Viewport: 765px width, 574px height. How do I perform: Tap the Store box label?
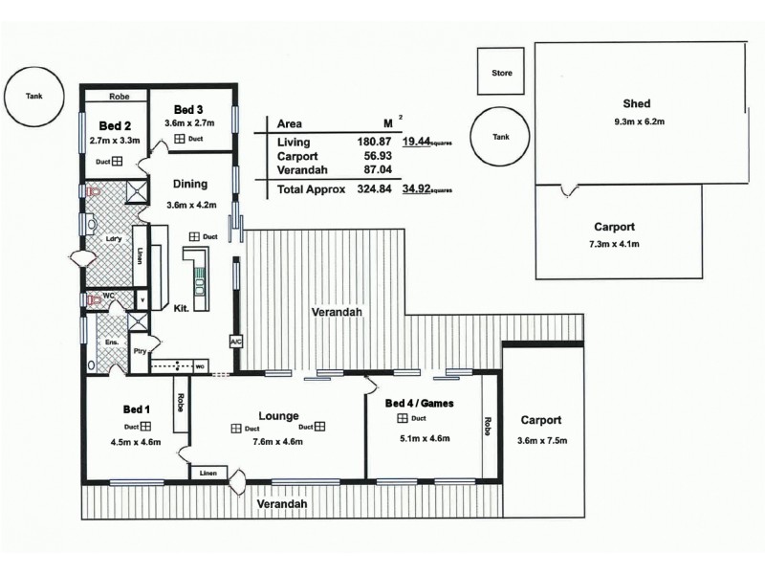[501, 73]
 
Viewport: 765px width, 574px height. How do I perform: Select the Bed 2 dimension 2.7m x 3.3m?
[113, 141]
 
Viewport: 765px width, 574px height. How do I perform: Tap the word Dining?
[191, 185]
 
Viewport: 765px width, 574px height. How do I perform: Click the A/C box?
[236, 341]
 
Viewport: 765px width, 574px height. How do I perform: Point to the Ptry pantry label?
[139, 351]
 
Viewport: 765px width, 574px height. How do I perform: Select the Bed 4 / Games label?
[418, 404]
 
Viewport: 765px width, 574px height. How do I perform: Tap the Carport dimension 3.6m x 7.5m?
[540, 441]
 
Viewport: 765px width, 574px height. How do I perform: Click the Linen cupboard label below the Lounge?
[208, 473]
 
